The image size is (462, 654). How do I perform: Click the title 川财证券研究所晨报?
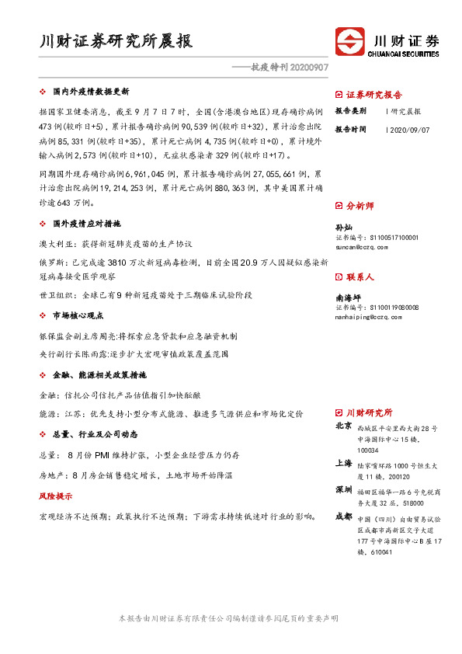(x=116, y=41)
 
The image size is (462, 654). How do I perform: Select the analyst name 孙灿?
(x=343, y=228)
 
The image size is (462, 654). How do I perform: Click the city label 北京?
(x=343, y=426)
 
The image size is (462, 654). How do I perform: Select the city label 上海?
(x=343, y=463)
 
